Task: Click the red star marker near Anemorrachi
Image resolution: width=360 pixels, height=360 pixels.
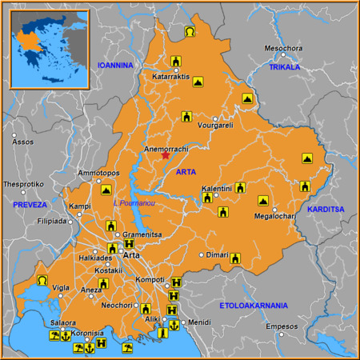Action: (166, 155)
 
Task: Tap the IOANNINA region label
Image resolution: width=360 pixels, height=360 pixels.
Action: (114, 65)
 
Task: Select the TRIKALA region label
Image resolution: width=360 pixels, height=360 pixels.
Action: (284, 67)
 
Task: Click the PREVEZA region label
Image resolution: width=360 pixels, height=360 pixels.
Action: (30, 205)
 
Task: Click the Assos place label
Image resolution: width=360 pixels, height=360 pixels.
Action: (23, 142)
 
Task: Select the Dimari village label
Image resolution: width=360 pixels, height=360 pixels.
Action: (218, 254)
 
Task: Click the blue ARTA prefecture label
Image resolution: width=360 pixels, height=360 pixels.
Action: (186, 172)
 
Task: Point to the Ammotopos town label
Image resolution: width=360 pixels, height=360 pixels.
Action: (98, 173)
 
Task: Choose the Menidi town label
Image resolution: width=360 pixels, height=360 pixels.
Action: (199, 322)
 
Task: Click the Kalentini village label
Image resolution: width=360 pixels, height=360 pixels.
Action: (217, 188)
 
